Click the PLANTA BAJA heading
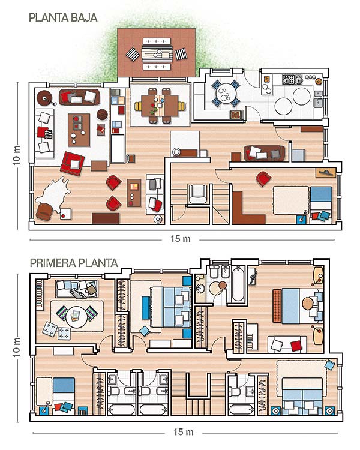pos(63,18)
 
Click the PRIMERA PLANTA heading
pos(74,263)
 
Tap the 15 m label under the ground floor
pos(181,239)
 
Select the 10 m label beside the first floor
pos(17,347)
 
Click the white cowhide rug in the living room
pos(53,194)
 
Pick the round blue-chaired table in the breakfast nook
pos(226,92)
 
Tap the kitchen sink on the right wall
pos(319,99)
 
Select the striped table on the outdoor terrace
pos(157,53)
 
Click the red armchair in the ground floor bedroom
pos(263,179)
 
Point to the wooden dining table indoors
pos(160,106)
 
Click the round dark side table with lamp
pos(44,98)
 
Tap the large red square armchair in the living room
pos(72,164)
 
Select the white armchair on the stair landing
pos(198,194)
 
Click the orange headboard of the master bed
pos(277,306)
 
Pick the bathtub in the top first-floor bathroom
pos(238,284)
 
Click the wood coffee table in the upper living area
pos(79,130)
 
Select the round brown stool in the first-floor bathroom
pos(223,285)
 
